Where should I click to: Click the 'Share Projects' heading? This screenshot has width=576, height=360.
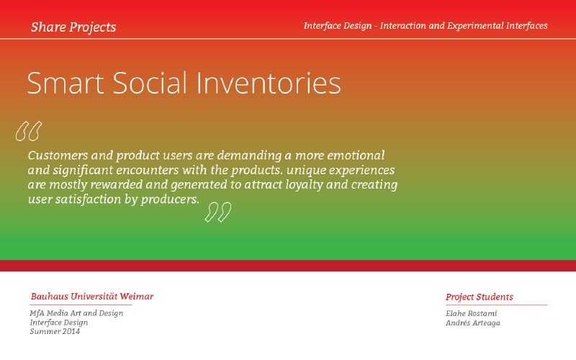coord(73,27)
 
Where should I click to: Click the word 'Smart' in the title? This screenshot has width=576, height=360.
coord(66,83)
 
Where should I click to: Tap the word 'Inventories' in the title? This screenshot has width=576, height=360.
coord(269,83)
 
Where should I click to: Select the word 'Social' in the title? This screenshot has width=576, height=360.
coord(150,83)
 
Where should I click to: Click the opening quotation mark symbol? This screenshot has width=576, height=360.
coord(29,131)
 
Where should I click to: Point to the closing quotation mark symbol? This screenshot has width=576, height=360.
coord(218,212)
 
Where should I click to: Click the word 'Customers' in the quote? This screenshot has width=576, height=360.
coord(58,156)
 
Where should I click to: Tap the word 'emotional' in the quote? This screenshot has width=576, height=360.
coord(356,156)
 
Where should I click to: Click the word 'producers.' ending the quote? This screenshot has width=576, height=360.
coord(170,199)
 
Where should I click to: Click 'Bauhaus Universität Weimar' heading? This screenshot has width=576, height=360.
coord(92,297)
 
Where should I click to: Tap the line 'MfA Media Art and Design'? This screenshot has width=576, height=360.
coord(76,313)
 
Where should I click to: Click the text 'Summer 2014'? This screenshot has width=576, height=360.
coord(55,331)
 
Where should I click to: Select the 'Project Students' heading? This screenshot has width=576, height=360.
coord(480,297)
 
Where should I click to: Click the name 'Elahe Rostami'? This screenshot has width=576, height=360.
coord(472,313)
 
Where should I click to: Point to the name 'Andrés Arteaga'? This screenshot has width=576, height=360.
coord(473,323)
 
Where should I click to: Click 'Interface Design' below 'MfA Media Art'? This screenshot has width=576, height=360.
coord(59,323)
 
